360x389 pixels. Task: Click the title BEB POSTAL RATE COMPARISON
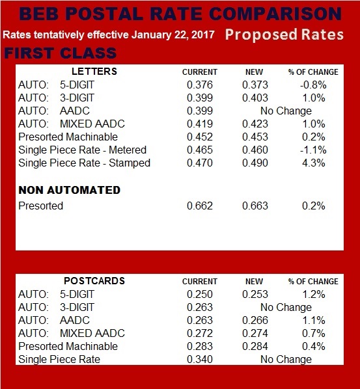179,14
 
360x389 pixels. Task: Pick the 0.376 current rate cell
200,85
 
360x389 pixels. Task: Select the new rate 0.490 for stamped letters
255,163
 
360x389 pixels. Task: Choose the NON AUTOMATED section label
69,190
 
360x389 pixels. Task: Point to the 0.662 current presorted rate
200,206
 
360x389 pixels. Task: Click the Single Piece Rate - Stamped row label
84,163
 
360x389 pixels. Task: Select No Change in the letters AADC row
286,111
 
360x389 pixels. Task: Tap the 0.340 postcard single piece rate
200,359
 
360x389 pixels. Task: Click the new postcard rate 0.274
255,333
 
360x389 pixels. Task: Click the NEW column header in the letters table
255,72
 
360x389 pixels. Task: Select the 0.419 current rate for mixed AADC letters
200,124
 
